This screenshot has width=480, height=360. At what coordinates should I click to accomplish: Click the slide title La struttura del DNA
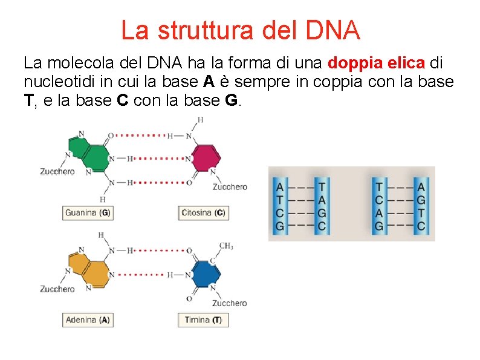click(240, 30)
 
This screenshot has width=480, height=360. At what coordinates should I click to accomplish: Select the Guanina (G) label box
click(88, 213)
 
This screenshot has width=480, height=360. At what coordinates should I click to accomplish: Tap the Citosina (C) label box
click(204, 213)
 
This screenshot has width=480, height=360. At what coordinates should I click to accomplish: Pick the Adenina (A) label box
click(88, 319)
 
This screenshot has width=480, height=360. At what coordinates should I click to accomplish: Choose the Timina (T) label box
click(203, 319)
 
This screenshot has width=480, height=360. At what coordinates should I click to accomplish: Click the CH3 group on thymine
click(226, 246)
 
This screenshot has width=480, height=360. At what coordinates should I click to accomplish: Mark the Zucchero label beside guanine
click(57, 172)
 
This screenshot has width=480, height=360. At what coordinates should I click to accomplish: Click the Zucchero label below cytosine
click(230, 187)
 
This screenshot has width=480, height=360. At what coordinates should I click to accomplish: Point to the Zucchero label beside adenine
click(57, 289)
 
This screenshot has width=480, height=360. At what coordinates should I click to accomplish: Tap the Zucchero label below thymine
click(230, 303)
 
